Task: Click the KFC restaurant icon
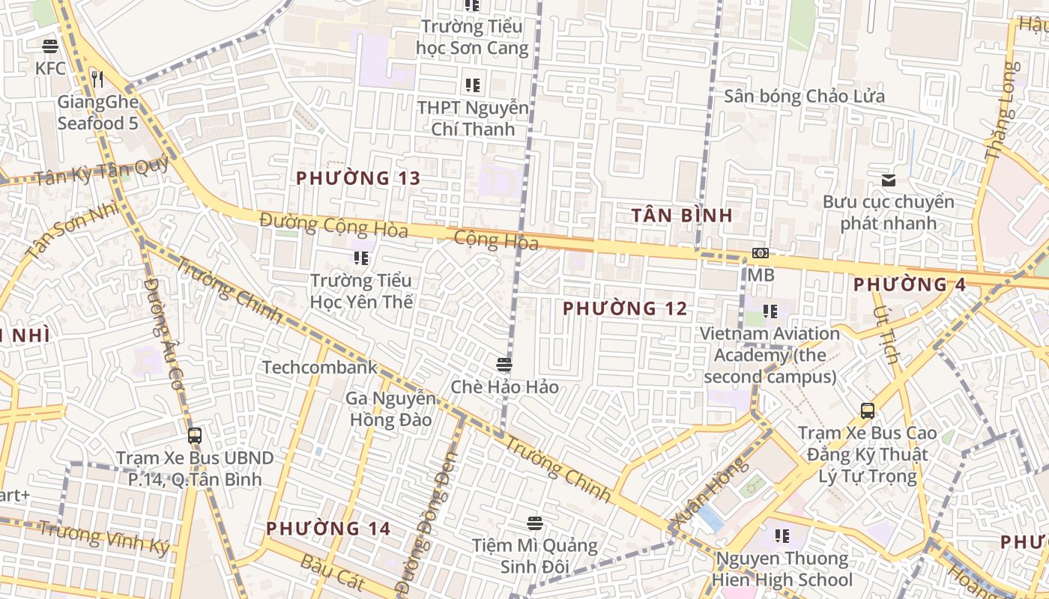point(50,46)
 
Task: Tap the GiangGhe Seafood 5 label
point(97,112)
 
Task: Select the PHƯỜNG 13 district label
point(357,178)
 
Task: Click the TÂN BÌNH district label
point(681,216)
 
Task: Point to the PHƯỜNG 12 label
point(625,308)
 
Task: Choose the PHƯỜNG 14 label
point(328,529)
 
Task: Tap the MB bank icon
point(760,254)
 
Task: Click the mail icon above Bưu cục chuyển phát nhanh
point(889,180)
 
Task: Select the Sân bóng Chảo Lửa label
point(804,97)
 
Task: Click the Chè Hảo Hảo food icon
point(504,365)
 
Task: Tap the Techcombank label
point(319,367)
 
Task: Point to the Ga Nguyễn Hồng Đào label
point(390,409)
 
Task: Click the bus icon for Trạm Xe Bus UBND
point(195,435)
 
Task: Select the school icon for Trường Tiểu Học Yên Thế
point(361,258)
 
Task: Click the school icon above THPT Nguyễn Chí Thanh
point(472,85)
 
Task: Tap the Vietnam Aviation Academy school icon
point(770,311)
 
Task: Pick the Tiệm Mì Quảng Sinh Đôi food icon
point(534,523)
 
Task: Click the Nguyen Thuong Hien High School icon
point(782,536)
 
